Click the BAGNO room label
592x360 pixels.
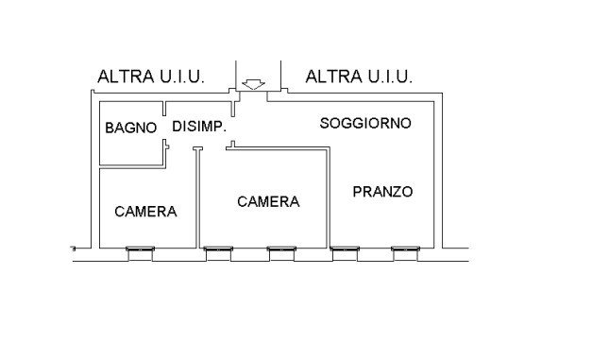[x=130, y=128]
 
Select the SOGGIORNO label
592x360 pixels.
[x=364, y=123]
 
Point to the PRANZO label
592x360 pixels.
[x=382, y=192]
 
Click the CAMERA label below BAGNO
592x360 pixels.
[x=145, y=211]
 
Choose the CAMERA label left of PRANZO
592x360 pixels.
[x=268, y=201]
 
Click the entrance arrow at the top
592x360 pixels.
[x=252, y=85]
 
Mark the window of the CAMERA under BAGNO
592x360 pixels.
[x=142, y=250]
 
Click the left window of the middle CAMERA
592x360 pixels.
[x=219, y=250]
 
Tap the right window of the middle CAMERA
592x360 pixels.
[x=281, y=250]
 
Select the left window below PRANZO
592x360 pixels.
[x=345, y=250]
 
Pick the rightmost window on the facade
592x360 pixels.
[x=406, y=250]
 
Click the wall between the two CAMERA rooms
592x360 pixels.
[x=197, y=198]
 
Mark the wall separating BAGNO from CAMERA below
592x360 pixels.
[x=132, y=168]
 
